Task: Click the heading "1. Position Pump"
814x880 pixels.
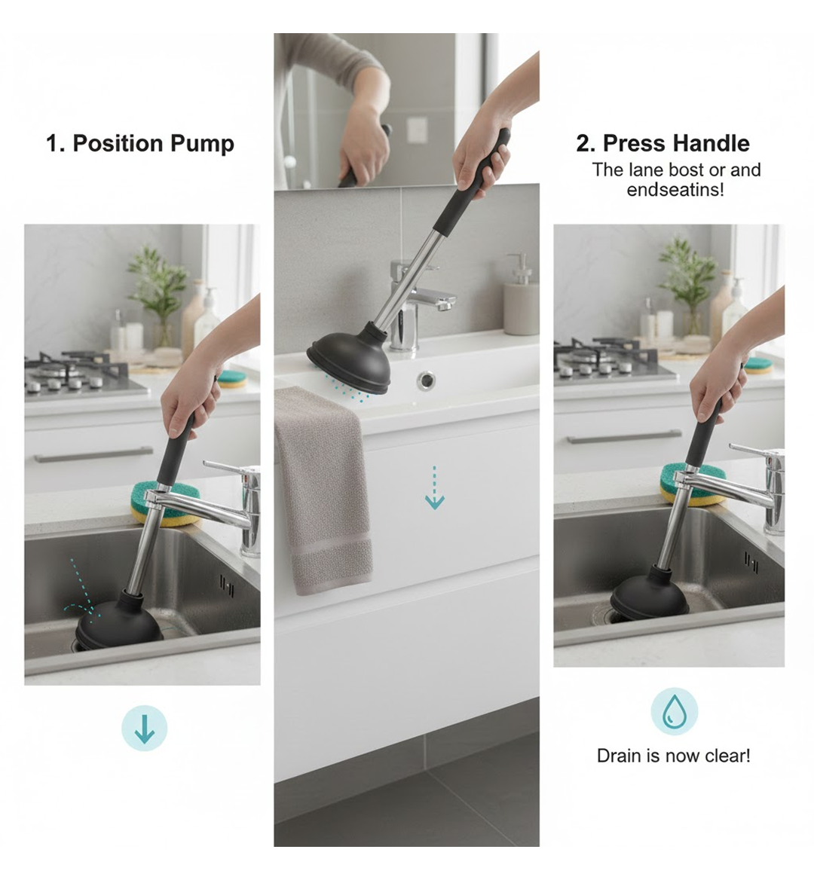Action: tap(140, 143)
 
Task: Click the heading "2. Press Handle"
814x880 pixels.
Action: tap(663, 143)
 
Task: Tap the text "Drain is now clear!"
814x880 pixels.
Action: tap(673, 756)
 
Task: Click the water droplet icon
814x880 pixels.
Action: tap(674, 711)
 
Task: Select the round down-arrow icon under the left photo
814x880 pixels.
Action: tap(144, 729)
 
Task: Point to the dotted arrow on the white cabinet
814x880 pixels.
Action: tap(435, 488)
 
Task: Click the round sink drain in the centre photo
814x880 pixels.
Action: tap(427, 380)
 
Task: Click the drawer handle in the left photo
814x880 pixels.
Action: tap(93, 454)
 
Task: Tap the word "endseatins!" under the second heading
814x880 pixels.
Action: tap(675, 189)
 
